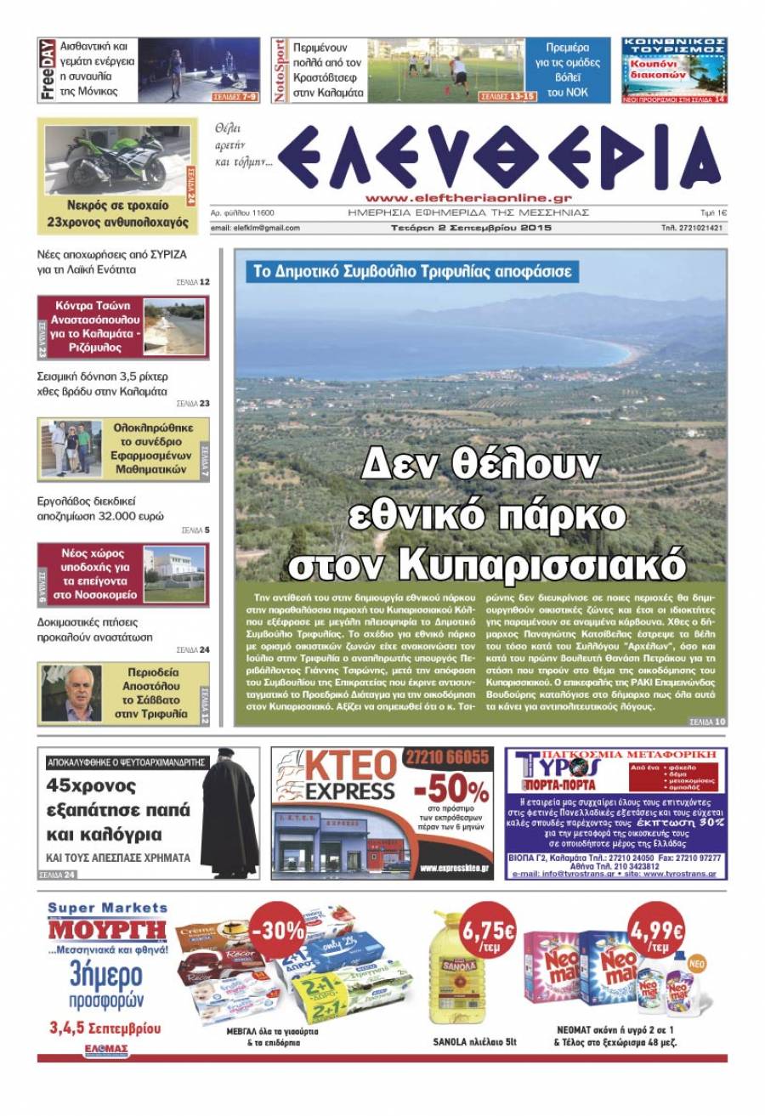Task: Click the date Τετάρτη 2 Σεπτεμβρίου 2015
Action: [x=467, y=228]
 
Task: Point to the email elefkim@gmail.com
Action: [x=255, y=228]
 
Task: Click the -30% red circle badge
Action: [x=277, y=929]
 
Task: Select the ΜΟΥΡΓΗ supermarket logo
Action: [x=107, y=930]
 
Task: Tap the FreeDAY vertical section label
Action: [x=48, y=70]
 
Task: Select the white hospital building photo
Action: [x=174, y=574]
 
